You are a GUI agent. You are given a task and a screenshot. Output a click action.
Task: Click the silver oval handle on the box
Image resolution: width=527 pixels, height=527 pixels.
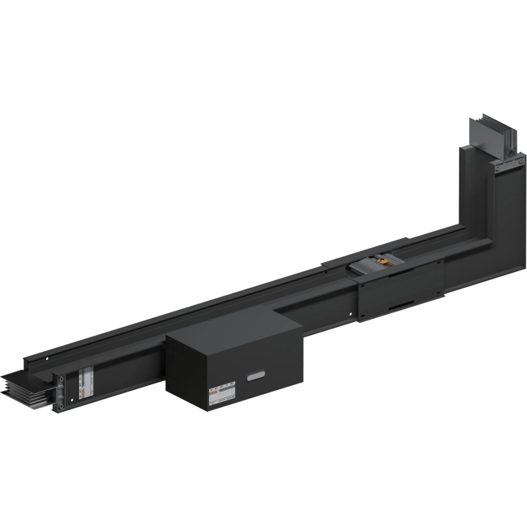pos(256,376)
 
